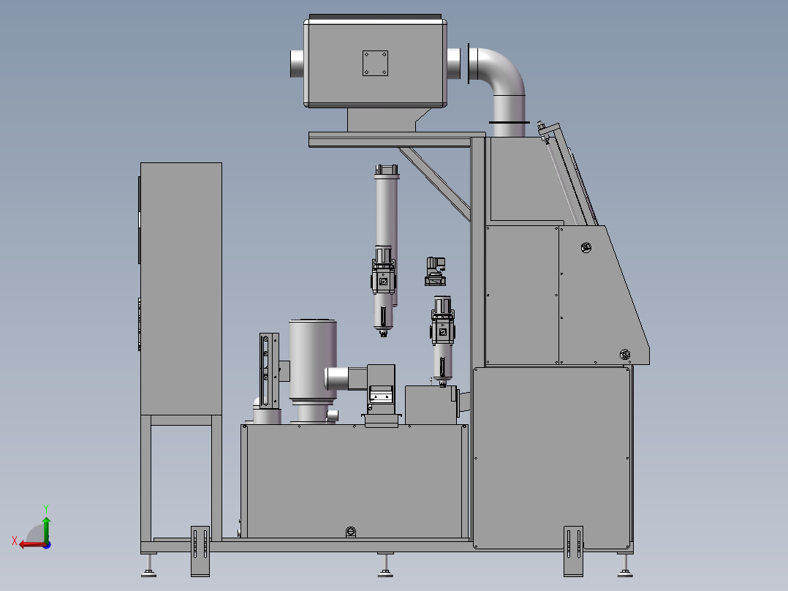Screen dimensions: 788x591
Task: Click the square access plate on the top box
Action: (x=375, y=64)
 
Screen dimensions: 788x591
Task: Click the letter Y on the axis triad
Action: (x=46, y=508)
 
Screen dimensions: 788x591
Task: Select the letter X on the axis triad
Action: (x=15, y=541)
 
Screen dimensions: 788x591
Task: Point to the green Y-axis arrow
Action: (x=46, y=530)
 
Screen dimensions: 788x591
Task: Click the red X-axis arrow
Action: (x=32, y=545)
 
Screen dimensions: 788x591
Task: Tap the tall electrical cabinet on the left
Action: (x=181, y=289)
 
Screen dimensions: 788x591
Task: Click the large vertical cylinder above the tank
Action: (x=313, y=361)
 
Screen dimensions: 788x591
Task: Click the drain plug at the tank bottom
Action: (x=351, y=532)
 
